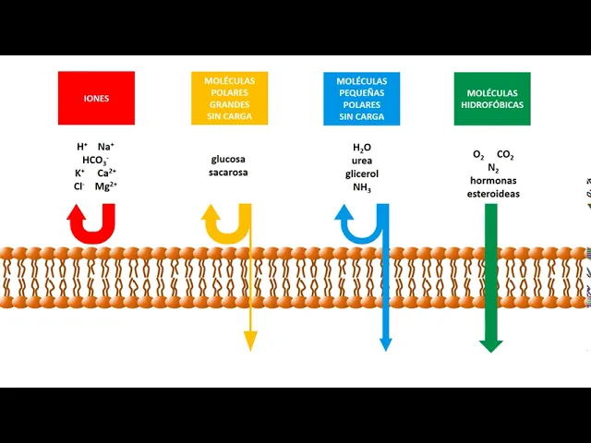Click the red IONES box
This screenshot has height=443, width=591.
[x=96, y=98]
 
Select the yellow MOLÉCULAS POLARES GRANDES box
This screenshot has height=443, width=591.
[x=229, y=98]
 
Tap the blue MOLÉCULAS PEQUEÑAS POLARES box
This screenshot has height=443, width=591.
[x=361, y=98]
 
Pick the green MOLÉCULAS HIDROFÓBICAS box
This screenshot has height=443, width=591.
[x=492, y=98]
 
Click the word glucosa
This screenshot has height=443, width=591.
[x=228, y=159]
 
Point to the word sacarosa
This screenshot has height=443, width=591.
[x=228, y=173]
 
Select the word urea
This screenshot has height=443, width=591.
[x=361, y=161]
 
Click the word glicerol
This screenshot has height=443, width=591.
[x=361, y=174]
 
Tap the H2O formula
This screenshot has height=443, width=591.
[x=361, y=148]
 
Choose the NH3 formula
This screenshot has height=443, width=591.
[x=361, y=187]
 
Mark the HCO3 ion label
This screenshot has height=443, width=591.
[x=96, y=160]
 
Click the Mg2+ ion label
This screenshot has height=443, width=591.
[x=106, y=186]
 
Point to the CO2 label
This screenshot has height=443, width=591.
[x=505, y=155]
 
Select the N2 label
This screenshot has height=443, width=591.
[x=492, y=168]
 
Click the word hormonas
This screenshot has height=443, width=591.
[x=492, y=181]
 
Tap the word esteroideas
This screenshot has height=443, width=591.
[x=492, y=194]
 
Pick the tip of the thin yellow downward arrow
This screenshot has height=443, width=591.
[x=249, y=345]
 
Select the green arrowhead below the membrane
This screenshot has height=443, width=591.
[x=491, y=345]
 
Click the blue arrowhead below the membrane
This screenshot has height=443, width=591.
[x=385, y=344]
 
